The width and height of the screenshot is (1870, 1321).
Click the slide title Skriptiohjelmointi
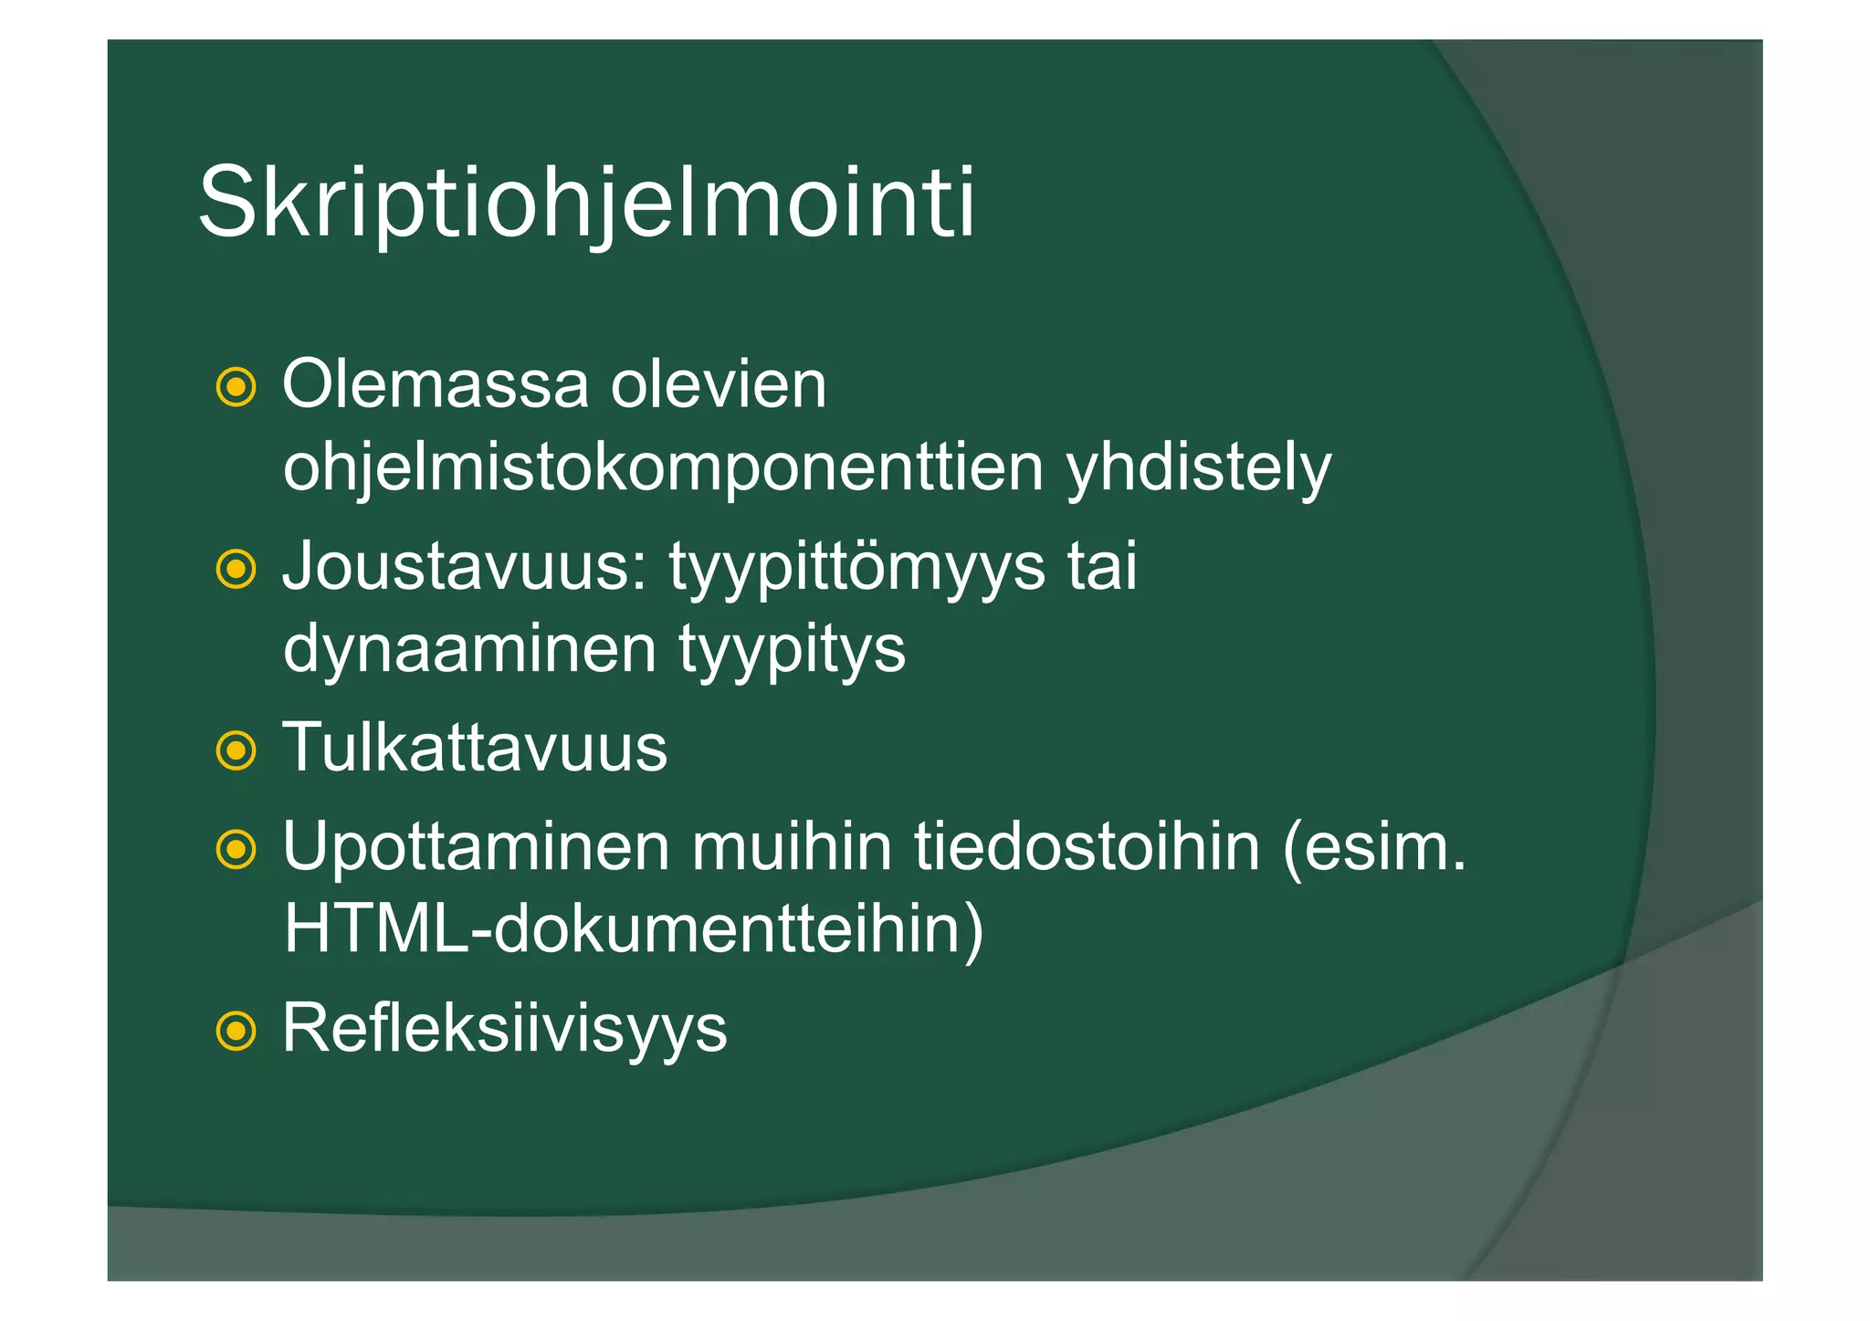pos(586,203)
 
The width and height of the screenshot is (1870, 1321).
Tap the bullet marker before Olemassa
pos(236,387)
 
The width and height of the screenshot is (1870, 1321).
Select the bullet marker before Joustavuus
pos(236,570)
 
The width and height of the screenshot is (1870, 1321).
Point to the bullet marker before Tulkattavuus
pos(236,751)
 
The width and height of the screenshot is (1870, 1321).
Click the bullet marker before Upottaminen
pos(236,850)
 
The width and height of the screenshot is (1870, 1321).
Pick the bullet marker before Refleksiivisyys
pos(236,1032)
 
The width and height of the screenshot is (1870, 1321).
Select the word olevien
pos(719,385)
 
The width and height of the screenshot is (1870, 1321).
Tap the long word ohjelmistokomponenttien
pos(663,468)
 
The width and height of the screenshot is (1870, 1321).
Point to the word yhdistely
pos(1199,468)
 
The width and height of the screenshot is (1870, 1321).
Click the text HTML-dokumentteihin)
pos(634,930)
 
